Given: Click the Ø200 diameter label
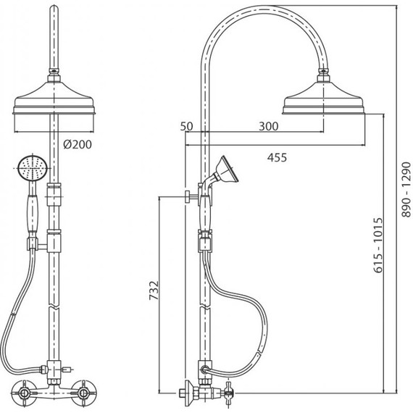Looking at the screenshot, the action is tap(78, 144).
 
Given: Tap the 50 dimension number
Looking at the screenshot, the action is tap(186, 126).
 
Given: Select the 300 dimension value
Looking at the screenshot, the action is tap(268, 126).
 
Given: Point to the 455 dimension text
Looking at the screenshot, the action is tap(277, 157).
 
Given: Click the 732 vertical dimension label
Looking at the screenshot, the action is tap(154, 291).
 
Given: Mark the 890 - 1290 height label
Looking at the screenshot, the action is tap(406, 190).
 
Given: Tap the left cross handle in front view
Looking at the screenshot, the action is tap(23, 393).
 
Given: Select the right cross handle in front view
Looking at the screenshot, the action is tap(83, 393).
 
